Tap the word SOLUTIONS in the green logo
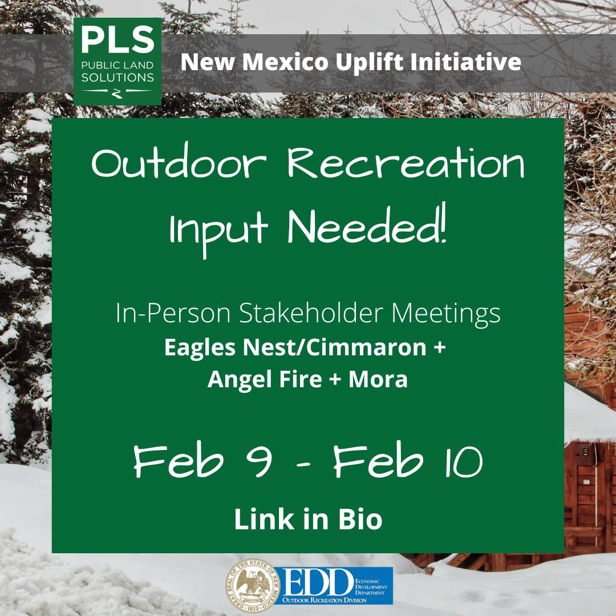tap(117, 78)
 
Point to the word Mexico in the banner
tap(285, 62)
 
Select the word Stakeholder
tap(306, 313)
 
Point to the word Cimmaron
tap(366, 348)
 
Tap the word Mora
tap(378, 379)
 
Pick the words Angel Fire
tap(265, 379)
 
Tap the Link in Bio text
tap(308, 520)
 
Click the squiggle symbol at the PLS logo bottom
tap(117, 94)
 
